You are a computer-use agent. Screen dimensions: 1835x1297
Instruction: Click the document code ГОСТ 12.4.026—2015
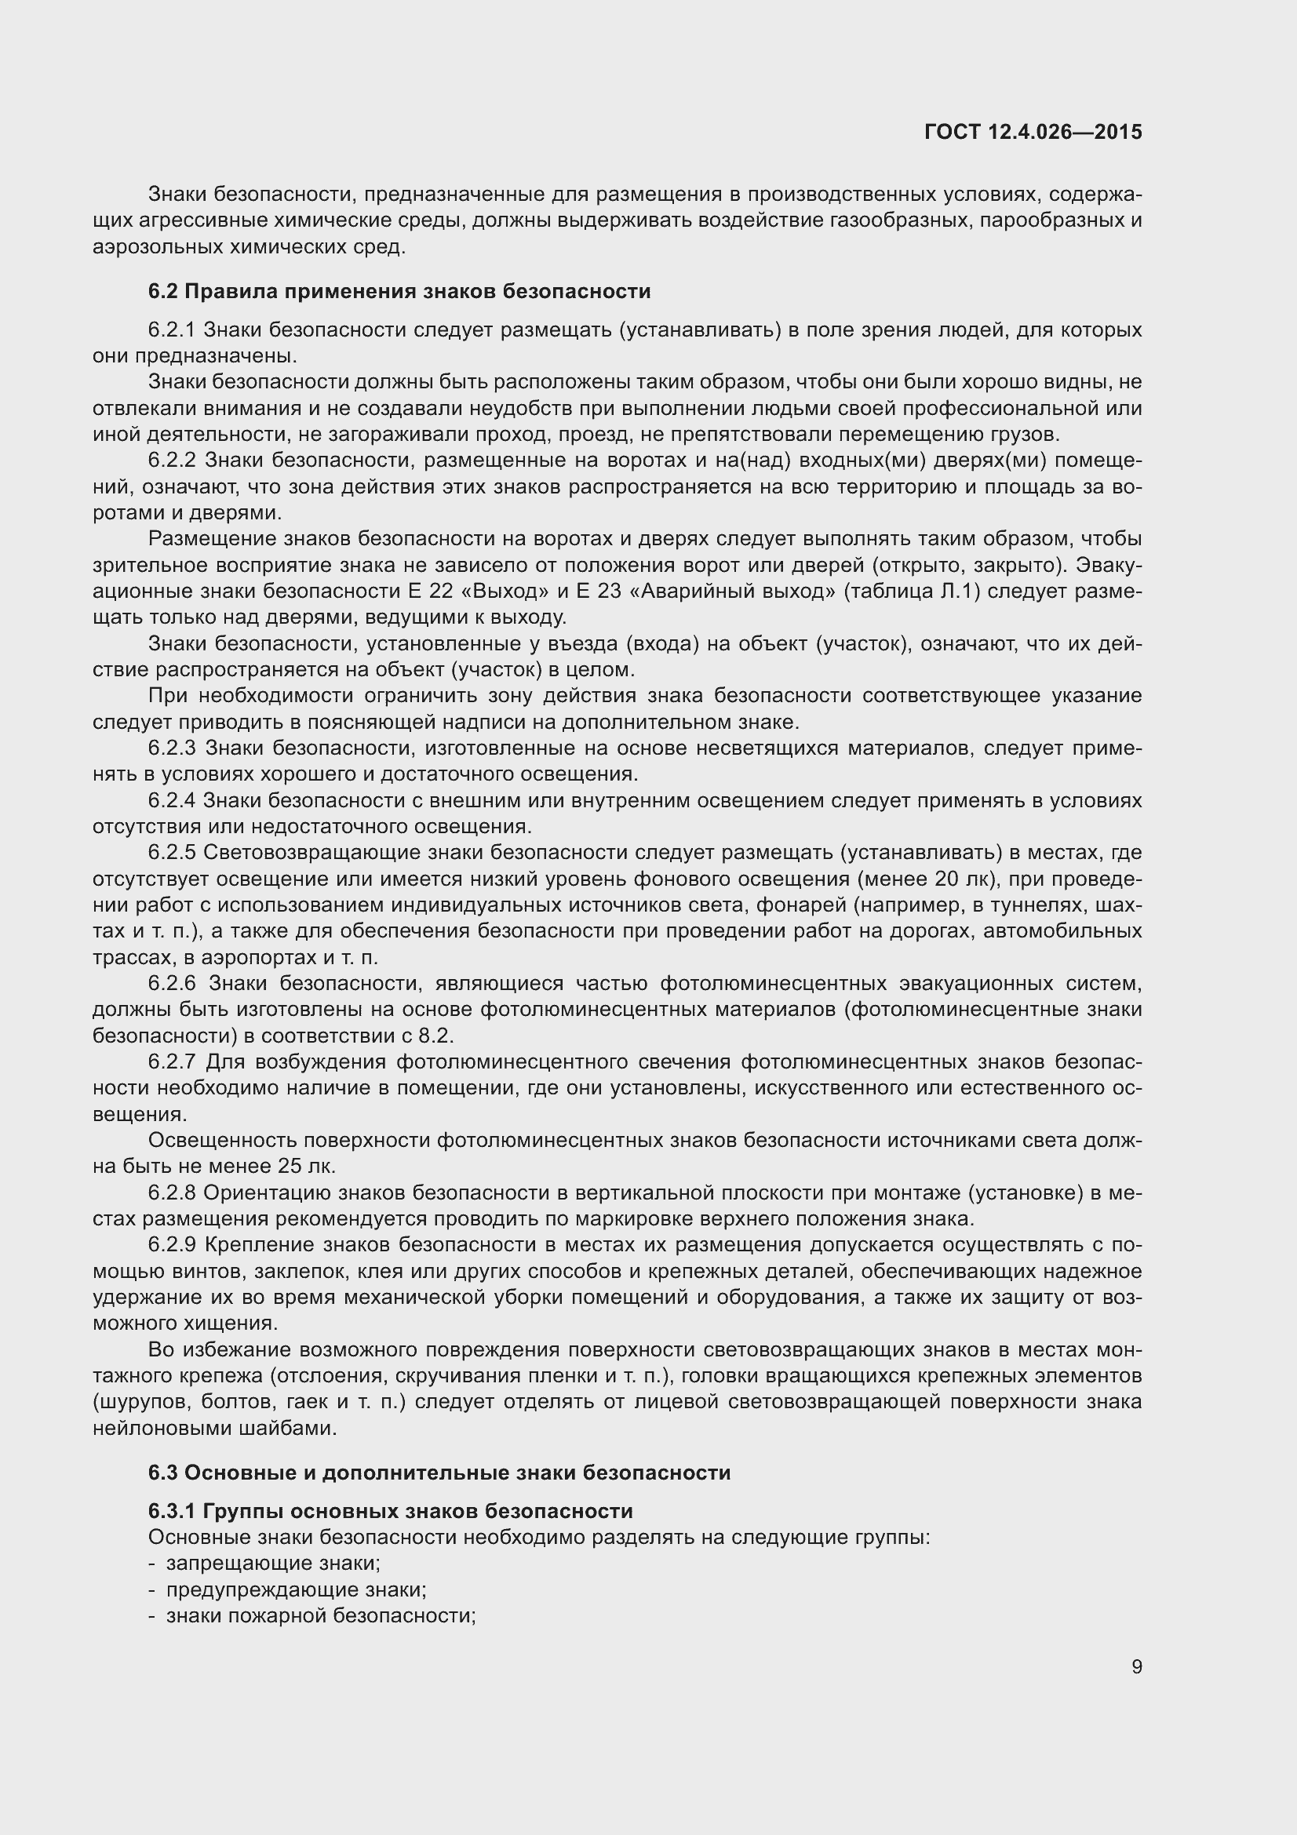point(1033,132)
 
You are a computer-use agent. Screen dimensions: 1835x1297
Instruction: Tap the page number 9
point(1136,1666)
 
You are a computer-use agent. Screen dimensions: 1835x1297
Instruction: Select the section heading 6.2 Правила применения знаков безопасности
point(399,291)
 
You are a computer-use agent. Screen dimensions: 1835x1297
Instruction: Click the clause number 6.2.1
point(172,329)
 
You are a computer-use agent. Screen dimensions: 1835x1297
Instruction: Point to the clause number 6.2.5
point(172,853)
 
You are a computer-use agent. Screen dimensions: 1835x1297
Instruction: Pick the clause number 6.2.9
point(172,1245)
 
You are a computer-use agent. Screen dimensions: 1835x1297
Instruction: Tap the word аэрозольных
point(158,247)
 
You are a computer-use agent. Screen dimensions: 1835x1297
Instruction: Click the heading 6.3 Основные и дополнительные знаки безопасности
point(439,1472)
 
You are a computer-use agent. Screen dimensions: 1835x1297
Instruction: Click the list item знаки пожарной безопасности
point(320,1616)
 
